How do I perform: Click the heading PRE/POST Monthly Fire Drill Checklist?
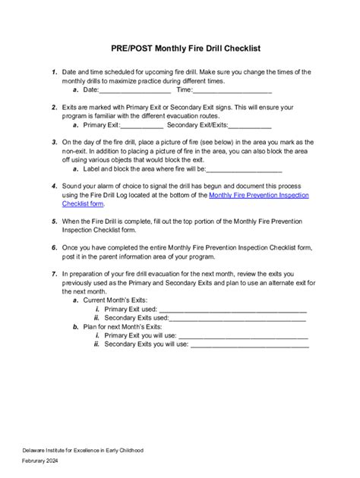[x=180, y=47]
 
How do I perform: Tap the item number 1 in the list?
[x=53, y=71]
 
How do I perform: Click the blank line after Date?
[x=125, y=90]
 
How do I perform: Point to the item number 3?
[x=53, y=142]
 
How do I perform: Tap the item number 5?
[x=53, y=222]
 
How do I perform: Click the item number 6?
[x=53, y=247]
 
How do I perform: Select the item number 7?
[x=53, y=274]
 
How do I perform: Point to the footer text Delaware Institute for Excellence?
[x=82, y=451]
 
